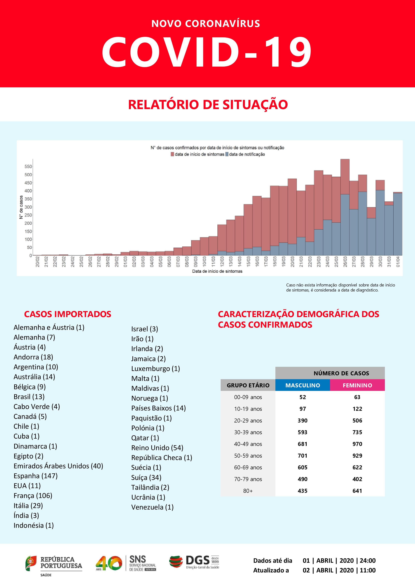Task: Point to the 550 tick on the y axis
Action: click(x=28, y=166)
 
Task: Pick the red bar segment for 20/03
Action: click(x=292, y=211)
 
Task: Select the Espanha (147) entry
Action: click(x=35, y=476)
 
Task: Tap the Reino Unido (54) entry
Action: click(x=157, y=448)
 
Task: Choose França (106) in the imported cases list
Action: click(x=33, y=495)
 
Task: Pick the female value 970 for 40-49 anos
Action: click(x=357, y=444)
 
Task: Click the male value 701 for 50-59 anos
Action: click(x=303, y=456)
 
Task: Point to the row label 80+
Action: click(x=248, y=491)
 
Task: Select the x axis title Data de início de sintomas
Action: click(x=217, y=271)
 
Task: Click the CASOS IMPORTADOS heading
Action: click(x=67, y=314)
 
